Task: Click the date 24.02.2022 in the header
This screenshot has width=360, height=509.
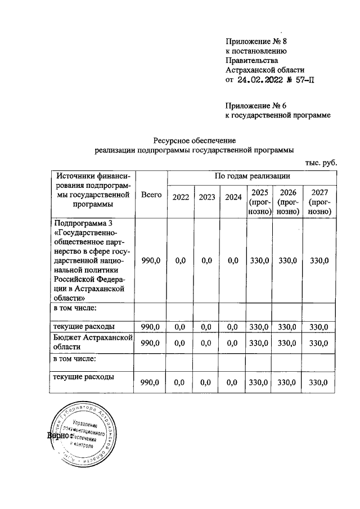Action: pyautogui.click(x=262, y=80)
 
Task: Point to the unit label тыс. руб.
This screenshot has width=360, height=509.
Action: pyautogui.click(x=321, y=162)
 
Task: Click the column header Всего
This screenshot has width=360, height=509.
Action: pyautogui.click(x=151, y=194)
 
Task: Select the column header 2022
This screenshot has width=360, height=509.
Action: pyautogui.click(x=181, y=197)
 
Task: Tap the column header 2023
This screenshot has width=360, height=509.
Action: pyautogui.click(x=208, y=197)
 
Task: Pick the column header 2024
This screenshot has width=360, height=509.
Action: pyautogui.click(x=233, y=197)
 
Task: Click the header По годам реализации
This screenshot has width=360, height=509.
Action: pyautogui.click(x=252, y=177)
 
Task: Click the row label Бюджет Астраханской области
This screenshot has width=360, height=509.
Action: pyautogui.click(x=92, y=343)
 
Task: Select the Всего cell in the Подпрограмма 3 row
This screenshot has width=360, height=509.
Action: pyautogui.click(x=151, y=260)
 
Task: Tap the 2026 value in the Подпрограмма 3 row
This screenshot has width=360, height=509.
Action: pyautogui.click(x=287, y=260)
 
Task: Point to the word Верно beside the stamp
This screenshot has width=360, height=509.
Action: pyautogui.click(x=58, y=435)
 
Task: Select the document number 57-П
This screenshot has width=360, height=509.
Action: pyautogui.click(x=301, y=80)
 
